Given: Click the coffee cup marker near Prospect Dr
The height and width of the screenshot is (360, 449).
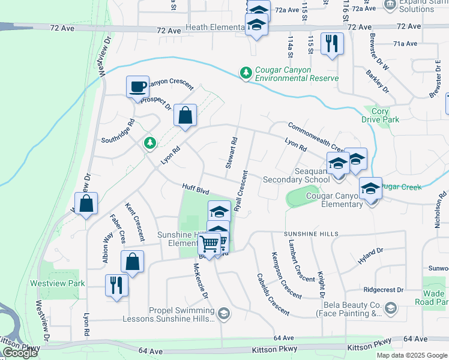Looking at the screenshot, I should (x=137, y=87).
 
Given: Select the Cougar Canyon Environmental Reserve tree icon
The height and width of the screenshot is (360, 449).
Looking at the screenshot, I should (x=245, y=73).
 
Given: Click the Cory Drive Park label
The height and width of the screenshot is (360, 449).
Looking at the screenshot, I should (x=381, y=115).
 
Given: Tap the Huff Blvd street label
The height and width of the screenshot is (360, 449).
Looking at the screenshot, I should (x=195, y=190).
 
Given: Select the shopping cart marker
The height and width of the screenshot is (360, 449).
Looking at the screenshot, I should (x=211, y=244).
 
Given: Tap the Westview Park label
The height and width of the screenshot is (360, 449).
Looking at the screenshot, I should (x=58, y=283).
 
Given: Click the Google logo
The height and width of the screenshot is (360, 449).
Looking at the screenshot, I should (x=20, y=353).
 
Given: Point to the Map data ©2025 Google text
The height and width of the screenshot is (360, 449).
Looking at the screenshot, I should (x=411, y=355).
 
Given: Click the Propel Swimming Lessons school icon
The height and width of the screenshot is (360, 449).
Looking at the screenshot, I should (x=223, y=313).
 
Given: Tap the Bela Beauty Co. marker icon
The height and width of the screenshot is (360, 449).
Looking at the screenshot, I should (x=391, y=308).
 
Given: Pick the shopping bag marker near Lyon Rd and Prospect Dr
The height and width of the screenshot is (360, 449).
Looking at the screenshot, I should (x=185, y=115).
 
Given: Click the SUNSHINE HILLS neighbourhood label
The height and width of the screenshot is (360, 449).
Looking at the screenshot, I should (x=311, y=233).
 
